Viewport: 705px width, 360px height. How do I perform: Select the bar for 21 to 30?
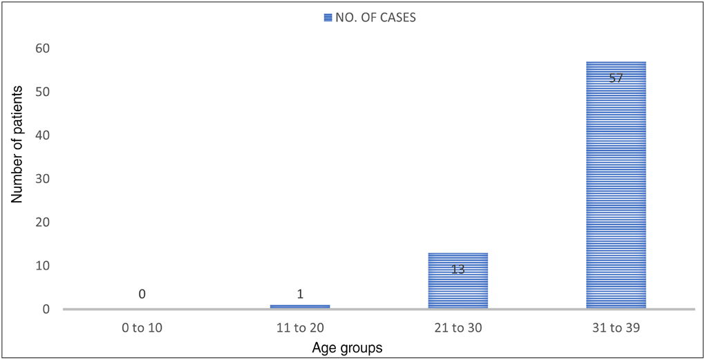point(458,281)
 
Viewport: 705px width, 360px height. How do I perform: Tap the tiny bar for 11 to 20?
point(300,306)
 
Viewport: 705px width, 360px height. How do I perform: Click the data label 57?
point(616,78)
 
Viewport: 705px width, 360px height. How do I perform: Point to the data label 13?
point(458,269)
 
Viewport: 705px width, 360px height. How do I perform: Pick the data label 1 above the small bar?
point(300,294)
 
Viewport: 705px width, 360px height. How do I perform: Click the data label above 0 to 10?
point(142,294)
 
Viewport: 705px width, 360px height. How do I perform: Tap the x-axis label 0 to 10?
point(142,328)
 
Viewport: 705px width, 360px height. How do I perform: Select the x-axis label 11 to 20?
point(300,328)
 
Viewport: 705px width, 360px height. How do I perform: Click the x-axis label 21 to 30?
point(458,328)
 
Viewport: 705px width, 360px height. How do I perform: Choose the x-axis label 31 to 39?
point(616,328)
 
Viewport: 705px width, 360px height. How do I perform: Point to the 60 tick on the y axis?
point(43,48)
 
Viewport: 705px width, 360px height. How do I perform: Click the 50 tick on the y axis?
point(43,92)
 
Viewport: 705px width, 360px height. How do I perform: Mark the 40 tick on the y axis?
point(43,135)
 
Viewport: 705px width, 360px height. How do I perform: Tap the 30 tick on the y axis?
point(43,179)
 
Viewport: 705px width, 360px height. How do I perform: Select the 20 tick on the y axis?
point(43,222)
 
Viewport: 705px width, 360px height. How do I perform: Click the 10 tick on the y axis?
point(43,266)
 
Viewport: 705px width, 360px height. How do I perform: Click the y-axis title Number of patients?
point(17,144)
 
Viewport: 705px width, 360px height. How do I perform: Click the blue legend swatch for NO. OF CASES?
point(328,17)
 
